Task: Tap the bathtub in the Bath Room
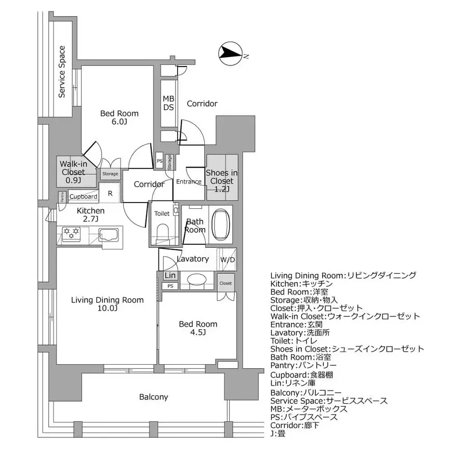pyautogui.click(x=222, y=225)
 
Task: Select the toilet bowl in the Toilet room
pyautogui.click(x=162, y=231)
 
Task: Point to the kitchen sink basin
pyautogui.click(x=108, y=235)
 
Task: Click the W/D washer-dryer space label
pyautogui.click(x=227, y=259)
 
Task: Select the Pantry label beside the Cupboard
pyautogui.click(x=62, y=196)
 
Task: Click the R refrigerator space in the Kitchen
pyautogui.click(x=110, y=193)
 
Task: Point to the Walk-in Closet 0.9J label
pyautogui.click(x=74, y=172)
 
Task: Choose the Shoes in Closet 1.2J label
pyautogui.click(x=222, y=181)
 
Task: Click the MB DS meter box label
pyautogui.click(x=168, y=103)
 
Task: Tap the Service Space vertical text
pyautogui.click(x=62, y=72)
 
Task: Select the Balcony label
pyautogui.click(x=153, y=397)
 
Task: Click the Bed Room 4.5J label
pyautogui.click(x=198, y=328)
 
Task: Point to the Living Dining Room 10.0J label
pyautogui.click(x=107, y=304)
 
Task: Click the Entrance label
pyautogui.click(x=189, y=182)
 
